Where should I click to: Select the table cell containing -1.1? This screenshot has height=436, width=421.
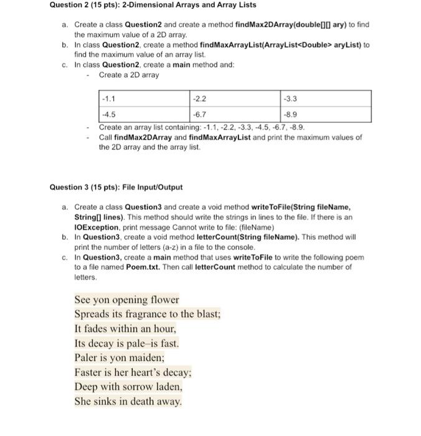click(x=144, y=98)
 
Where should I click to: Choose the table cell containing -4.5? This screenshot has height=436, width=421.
click(x=144, y=115)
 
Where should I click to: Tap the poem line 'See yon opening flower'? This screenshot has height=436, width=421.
click(x=126, y=300)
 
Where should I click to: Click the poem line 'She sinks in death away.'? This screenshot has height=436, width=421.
click(x=128, y=402)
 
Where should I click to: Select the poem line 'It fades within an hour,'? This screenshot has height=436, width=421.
click(x=125, y=329)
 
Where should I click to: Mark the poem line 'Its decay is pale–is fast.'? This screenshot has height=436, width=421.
click(x=126, y=343)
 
